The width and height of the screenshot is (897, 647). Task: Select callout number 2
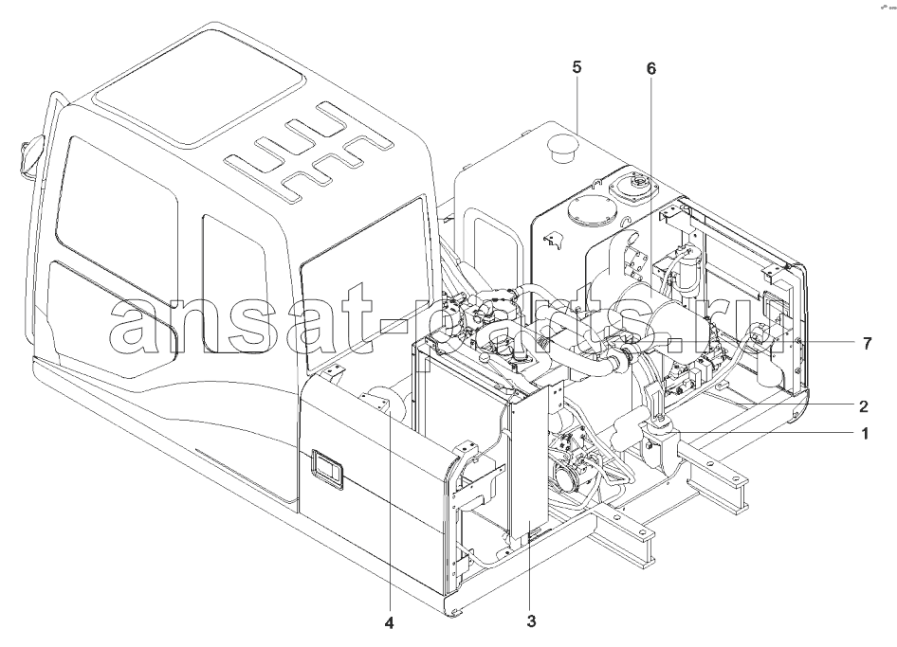coord(864,406)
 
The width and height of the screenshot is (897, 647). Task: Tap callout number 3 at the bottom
coord(531,620)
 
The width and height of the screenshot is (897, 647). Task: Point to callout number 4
coord(389,623)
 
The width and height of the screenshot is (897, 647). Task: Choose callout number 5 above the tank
coord(577,67)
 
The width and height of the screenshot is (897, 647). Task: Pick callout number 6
coord(651,68)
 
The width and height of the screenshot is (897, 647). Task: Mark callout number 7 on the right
coord(867,344)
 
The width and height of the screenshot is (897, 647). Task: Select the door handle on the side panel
coord(327,469)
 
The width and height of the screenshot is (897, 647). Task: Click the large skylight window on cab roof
coord(197,86)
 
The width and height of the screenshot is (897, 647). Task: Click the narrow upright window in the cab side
coord(234,284)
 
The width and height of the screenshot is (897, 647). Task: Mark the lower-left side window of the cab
coord(112,320)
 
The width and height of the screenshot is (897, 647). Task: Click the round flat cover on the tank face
coord(592,212)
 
